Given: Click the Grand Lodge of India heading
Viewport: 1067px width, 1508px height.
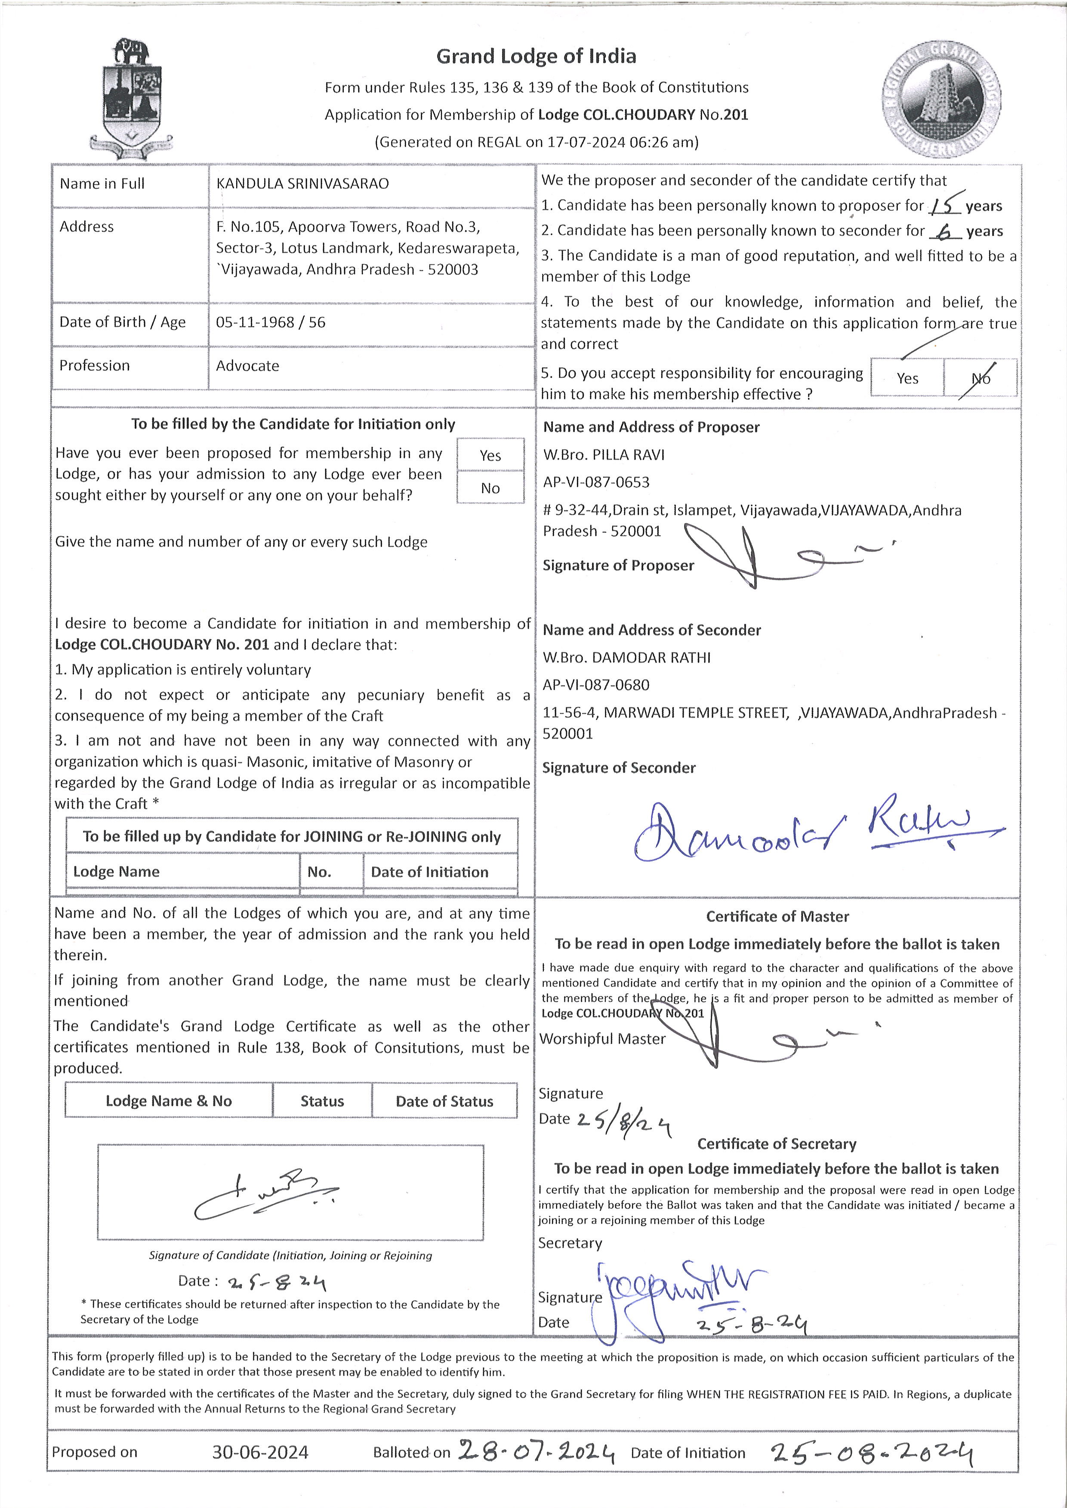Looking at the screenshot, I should tap(536, 56).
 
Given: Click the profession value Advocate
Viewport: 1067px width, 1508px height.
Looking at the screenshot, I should tap(248, 366).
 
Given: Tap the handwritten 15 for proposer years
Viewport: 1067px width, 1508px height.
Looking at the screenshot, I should tap(945, 204).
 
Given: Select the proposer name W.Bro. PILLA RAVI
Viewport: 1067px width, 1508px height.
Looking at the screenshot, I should tap(603, 455).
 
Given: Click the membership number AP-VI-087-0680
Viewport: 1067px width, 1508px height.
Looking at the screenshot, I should tap(595, 685).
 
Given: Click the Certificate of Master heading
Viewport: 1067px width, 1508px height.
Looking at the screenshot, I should tap(777, 916).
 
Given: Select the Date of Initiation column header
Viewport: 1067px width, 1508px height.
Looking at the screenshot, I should tap(430, 872).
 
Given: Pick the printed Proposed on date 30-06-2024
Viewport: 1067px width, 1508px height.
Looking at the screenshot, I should tap(260, 1452).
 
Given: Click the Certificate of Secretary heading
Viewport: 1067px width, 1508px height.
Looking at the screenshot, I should tap(777, 1143).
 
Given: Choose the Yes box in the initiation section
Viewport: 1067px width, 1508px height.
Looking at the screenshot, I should tap(490, 455).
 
